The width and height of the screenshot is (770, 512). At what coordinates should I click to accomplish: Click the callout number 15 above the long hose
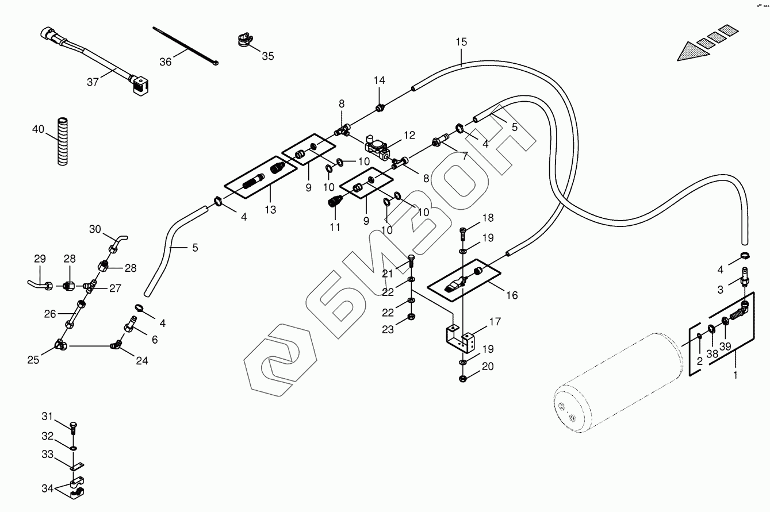pos(461,42)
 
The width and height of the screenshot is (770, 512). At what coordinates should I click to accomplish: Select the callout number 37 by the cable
pos(93,82)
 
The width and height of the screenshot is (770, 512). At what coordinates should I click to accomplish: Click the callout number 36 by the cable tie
pos(165,61)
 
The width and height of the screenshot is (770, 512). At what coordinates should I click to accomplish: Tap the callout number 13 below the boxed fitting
pos(270,210)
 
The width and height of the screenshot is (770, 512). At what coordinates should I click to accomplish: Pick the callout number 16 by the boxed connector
pos(512,295)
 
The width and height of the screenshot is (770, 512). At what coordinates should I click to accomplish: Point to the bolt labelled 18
pos(463,234)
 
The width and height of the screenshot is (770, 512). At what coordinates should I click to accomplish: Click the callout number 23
pos(389,330)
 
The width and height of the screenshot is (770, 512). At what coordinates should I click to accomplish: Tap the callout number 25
pos(33,360)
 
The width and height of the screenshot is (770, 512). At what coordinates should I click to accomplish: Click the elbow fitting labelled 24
pos(116,345)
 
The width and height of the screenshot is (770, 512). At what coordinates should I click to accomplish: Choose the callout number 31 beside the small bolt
pos(47,416)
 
